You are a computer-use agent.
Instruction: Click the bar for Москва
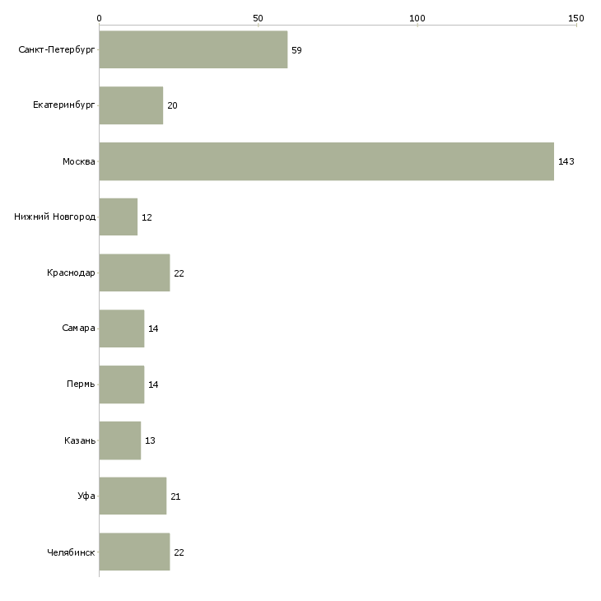327,161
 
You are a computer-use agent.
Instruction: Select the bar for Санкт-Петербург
193,49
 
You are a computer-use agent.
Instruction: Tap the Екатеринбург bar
131,105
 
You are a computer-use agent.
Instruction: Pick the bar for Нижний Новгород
119,217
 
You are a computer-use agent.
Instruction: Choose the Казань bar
120,440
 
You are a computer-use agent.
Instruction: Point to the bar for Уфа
133,496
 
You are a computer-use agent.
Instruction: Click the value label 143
566,161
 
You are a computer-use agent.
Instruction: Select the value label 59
296,50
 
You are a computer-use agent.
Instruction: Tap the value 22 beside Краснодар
179,273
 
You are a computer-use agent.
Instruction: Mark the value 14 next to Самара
153,328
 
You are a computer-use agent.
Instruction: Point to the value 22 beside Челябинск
179,552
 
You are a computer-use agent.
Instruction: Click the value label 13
150,440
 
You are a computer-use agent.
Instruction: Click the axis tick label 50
258,18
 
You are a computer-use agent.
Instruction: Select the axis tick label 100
417,18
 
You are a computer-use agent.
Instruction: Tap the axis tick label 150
576,18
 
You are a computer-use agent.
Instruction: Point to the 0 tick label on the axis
100,18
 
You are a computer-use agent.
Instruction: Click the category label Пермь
81,384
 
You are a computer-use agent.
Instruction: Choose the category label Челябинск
71,552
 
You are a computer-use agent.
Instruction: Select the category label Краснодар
71,273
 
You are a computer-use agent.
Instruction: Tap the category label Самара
78,328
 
